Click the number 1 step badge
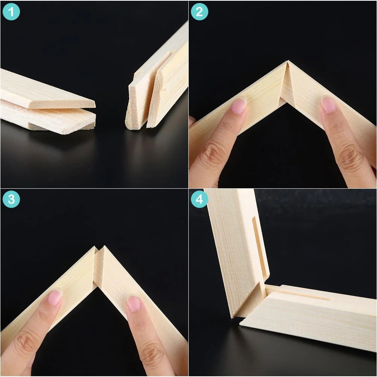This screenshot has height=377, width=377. [x=11, y=12]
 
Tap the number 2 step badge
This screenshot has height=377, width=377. [x=199, y=12]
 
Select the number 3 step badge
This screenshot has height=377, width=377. [x=11, y=199]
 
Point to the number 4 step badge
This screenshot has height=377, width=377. [x=199, y=199]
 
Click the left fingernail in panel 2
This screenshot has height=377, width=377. [x=238, y=105]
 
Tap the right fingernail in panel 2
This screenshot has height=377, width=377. [x=328, y=105]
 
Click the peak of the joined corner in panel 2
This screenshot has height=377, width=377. [x=287, y=61]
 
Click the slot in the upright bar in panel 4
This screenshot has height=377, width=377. [x=259, y=248]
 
